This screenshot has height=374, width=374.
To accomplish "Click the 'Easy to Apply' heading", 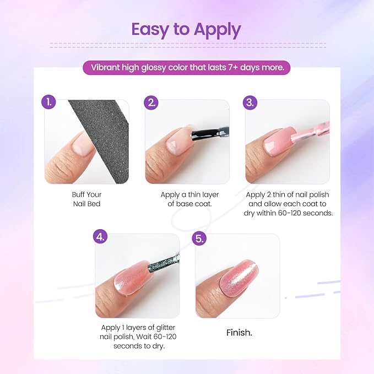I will [x=187, y=29].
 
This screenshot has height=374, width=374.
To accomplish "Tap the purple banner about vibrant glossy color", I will [x=187, y=68].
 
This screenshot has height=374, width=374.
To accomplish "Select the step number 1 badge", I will [x=50, y=102].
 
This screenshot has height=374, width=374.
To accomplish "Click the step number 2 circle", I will [x=151, y=102].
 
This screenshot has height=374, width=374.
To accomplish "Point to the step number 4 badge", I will [x=100, y=237].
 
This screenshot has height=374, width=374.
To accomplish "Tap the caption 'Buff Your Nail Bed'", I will [x=86, y=199].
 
